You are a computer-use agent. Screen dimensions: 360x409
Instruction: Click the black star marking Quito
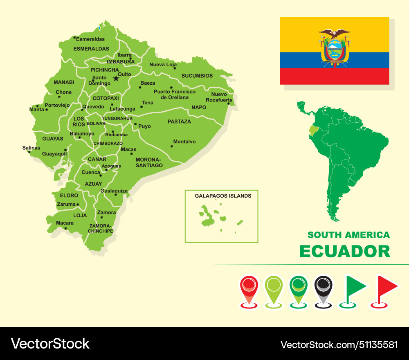pyautogui.click(x=116, y=78)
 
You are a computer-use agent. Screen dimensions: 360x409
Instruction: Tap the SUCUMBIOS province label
pyautogui.click(x=197, y=76)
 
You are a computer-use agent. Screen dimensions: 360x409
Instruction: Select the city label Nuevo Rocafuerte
pyautogui.click(x=219, y=97)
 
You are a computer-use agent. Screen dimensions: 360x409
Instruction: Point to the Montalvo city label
pyautogui.click(x=184, y=142)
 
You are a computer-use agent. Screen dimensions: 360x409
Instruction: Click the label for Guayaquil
pyautogui.click(x=54, y=154)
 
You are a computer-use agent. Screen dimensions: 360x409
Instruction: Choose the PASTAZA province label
pyautogui.click(x=179, y=122)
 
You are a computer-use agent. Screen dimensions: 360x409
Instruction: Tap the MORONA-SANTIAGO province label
pyautogui.click(x=149, y=162)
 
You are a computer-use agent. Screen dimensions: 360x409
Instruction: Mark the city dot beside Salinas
pyautogui.click(x=29, y=152)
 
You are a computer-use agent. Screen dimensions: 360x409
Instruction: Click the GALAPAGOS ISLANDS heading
pyautogui.click(x=223, y=196)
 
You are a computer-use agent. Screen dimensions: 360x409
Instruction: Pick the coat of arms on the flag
pyautogui.click(x=335, y=48)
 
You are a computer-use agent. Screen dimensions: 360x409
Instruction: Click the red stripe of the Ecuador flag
pyautogui.click(x=334, y=76)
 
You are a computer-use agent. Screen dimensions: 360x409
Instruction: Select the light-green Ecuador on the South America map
pyautogui.click(x=314, y=130)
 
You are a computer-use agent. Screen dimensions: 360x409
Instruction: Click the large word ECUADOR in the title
pyautogui.click(x=345, y=251)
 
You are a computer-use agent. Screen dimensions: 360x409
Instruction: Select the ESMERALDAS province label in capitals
pyautogui.click(x=91, y=49)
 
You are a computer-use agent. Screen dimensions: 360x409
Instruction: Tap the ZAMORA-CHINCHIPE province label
pyautogui.click(x=101, y=228)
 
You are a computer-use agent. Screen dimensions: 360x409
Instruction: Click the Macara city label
pyautogui.click(x=65, y=223)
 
